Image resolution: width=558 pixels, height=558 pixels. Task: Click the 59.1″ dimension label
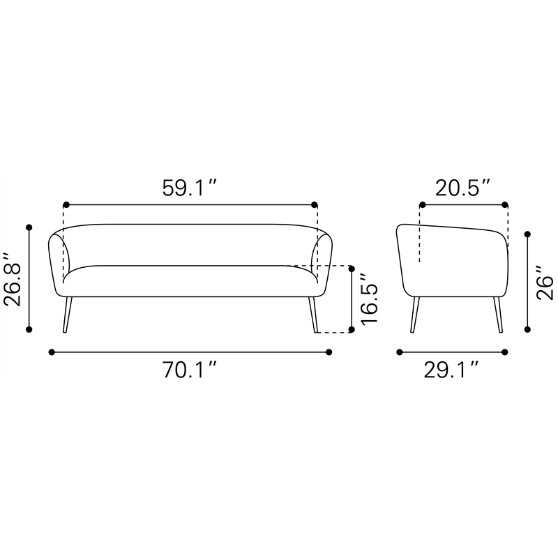189,188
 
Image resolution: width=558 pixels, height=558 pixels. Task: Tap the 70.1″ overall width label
190,370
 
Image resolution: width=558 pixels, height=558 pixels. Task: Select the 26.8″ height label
13,280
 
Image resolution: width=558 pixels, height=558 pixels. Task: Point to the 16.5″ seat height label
369,299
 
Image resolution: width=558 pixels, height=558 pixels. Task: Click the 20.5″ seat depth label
462,188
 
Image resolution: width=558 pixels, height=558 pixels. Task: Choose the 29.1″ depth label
451,370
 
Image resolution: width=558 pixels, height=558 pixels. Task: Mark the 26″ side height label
545,283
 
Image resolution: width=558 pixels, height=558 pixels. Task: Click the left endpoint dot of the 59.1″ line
66,204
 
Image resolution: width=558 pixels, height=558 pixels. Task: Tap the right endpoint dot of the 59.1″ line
315,204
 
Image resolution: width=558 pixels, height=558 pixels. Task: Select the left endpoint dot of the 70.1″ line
52,352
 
